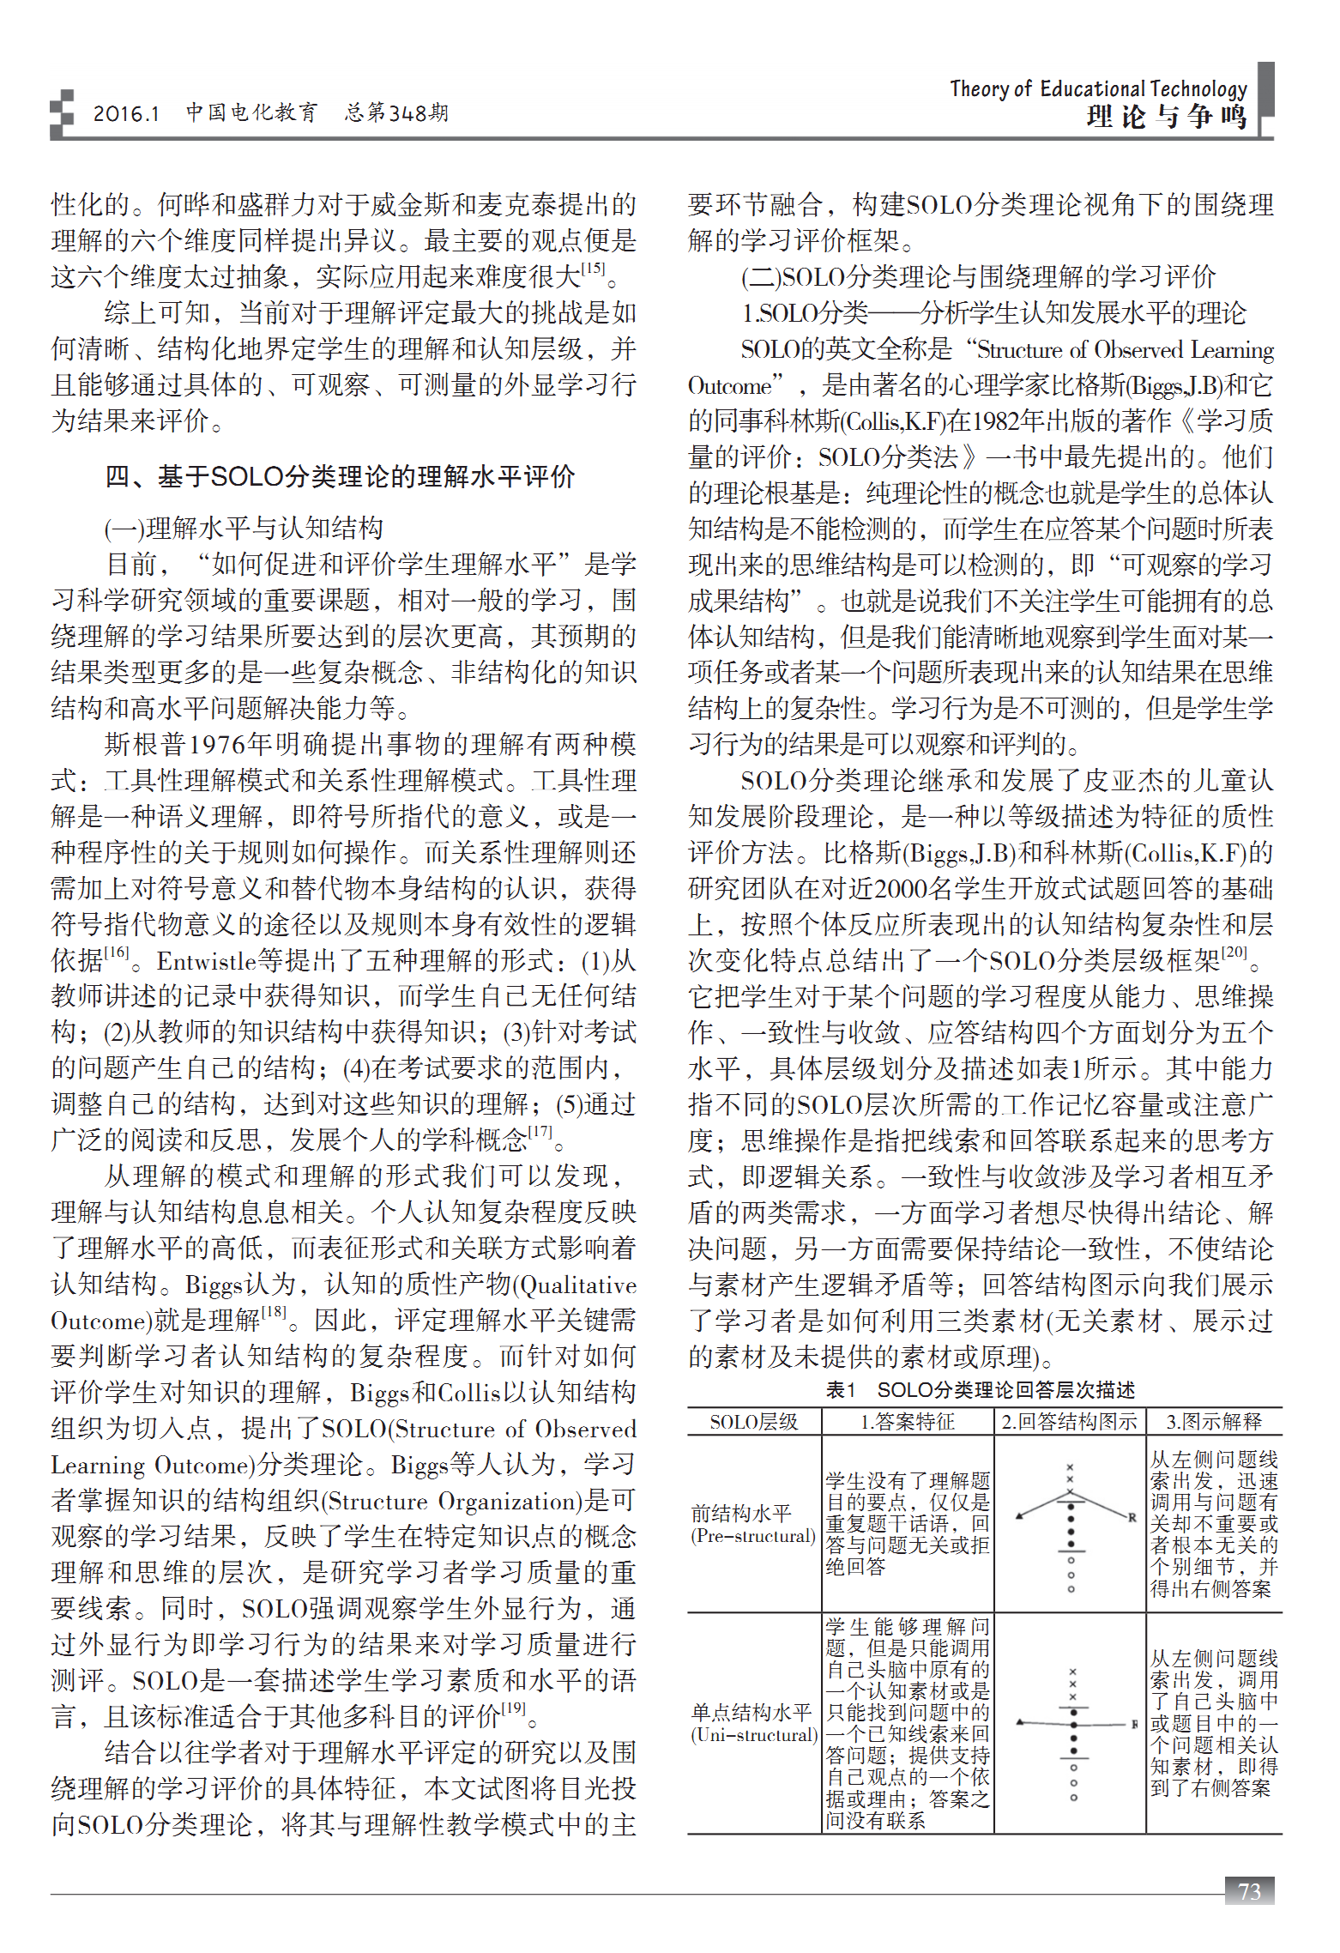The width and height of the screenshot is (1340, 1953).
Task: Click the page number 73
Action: pyautogui.click(x=1249, y=1890)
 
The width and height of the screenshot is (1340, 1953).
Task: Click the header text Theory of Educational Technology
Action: pyautogui.click(x=1098, y=88)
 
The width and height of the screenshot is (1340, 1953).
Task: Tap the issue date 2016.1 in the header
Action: pyautogui.click(x=126, y=113)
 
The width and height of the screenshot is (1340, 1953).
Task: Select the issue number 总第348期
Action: pyautogui.click(x=396, y=113)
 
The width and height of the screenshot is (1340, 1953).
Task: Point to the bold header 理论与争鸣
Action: pyautogui.click(x=1167, y=117)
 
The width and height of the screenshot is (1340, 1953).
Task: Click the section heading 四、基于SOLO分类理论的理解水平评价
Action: pyautogui.click(x=340, y=476)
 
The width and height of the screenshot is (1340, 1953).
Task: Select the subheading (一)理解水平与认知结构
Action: pyautogui.click(x=244, y=527)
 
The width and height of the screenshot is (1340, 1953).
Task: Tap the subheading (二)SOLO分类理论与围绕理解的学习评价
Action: pyautogui.click(x=978, y=276)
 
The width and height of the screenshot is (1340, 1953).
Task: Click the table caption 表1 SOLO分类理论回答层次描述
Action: pyautogui.click(x=980, y=1389)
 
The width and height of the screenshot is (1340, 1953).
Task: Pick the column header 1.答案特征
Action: pyautogui.click(x=908, y=1422)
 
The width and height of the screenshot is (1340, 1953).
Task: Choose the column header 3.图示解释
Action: pyautogui.click(x=1213, y=1422)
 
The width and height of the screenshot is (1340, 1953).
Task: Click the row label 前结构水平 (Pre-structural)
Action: pyautogui.click(x=753, y=1525)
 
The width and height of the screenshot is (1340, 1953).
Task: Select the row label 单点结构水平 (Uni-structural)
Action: pyautogui.click(x=753, y=1723)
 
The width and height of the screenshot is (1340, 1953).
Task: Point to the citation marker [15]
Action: pyautogui.click(x=593, y=269)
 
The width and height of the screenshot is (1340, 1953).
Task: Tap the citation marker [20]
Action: pyautogui.click(x=1234, y=952)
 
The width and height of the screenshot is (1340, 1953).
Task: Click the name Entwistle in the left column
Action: pyautogui.click(x=207, y=960)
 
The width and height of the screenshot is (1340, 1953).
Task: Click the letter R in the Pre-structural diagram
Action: pyautogui.click(x=1132, y=1517)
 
